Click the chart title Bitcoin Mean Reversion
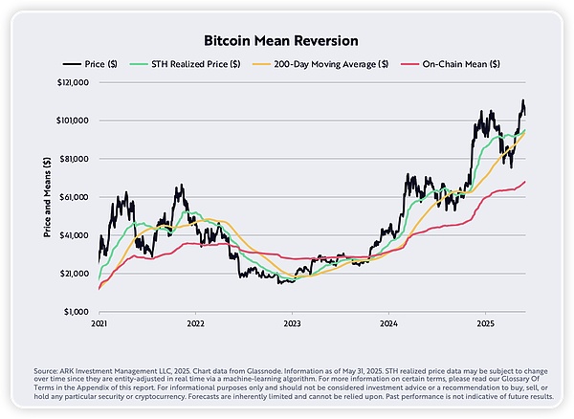pos(287,42)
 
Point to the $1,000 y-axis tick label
pos(76,312)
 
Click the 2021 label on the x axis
pos(100,325)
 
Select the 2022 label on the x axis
pos(196,325)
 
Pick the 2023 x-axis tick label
pos(293,325)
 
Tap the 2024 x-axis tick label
pos(389,325)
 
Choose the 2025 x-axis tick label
pos(485,325)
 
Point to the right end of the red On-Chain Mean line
pos(525,182)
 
